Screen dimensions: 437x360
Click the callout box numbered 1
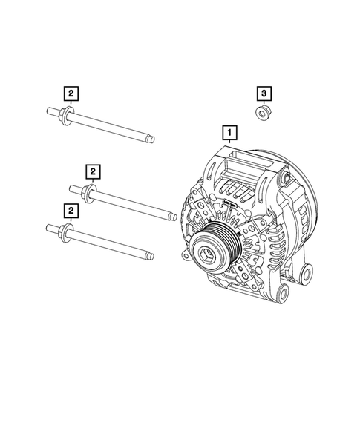[231, 134]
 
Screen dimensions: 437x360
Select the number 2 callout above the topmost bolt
[70, 93]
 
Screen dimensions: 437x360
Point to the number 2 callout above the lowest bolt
[70, 212]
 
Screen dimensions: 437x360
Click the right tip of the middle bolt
[173, 217]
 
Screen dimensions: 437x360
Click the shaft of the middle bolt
[130, 205]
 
